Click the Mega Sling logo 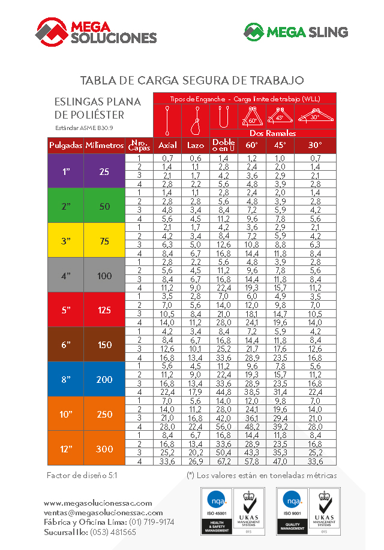[295, 32]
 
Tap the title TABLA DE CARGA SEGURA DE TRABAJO [192, 80]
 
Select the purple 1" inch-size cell [66, 172]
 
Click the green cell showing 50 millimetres [104, 206]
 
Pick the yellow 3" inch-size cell [66, 241]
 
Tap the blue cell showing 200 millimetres [104, 379]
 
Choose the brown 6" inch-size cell [66, 344]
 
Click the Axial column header [167, 146]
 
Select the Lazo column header [196, 146]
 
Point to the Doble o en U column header [224, 146]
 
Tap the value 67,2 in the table [224, 461]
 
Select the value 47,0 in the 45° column [280, 461]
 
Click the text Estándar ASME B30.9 [80, 128]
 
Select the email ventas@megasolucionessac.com [103, 513]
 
